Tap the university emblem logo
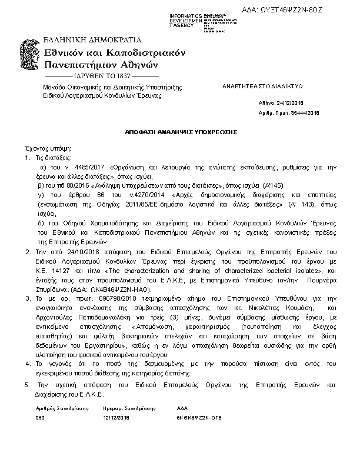(31, 59)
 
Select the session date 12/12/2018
(115, 417)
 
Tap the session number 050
(40, 417)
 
